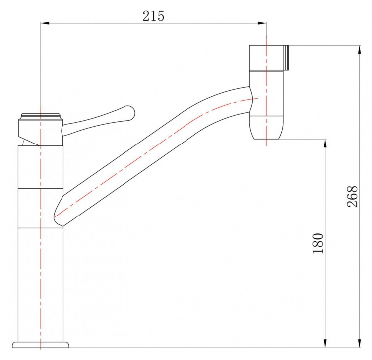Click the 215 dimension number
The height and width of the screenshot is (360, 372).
pyautogui.click(x=153, y=16)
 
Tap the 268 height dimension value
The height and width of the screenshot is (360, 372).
pyautogui.click(x=352, y=196)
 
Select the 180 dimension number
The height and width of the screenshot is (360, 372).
pyautogui.click(x=318, y=243)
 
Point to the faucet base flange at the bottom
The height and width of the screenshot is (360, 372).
pyautogui.click(x=41, y=345)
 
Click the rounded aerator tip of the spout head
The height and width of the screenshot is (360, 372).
pyautogui.click(x=266, y=127)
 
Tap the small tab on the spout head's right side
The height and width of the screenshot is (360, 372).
pyautogui.click(x=286, y=58)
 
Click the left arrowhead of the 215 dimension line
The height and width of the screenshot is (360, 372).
pyautogui.click(x=45, y=23)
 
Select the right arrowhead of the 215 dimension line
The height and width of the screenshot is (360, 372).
pyautogui.click(x=262, y=23)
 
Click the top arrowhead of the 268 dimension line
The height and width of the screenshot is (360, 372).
pyautogui.click(x=360, y=49)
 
